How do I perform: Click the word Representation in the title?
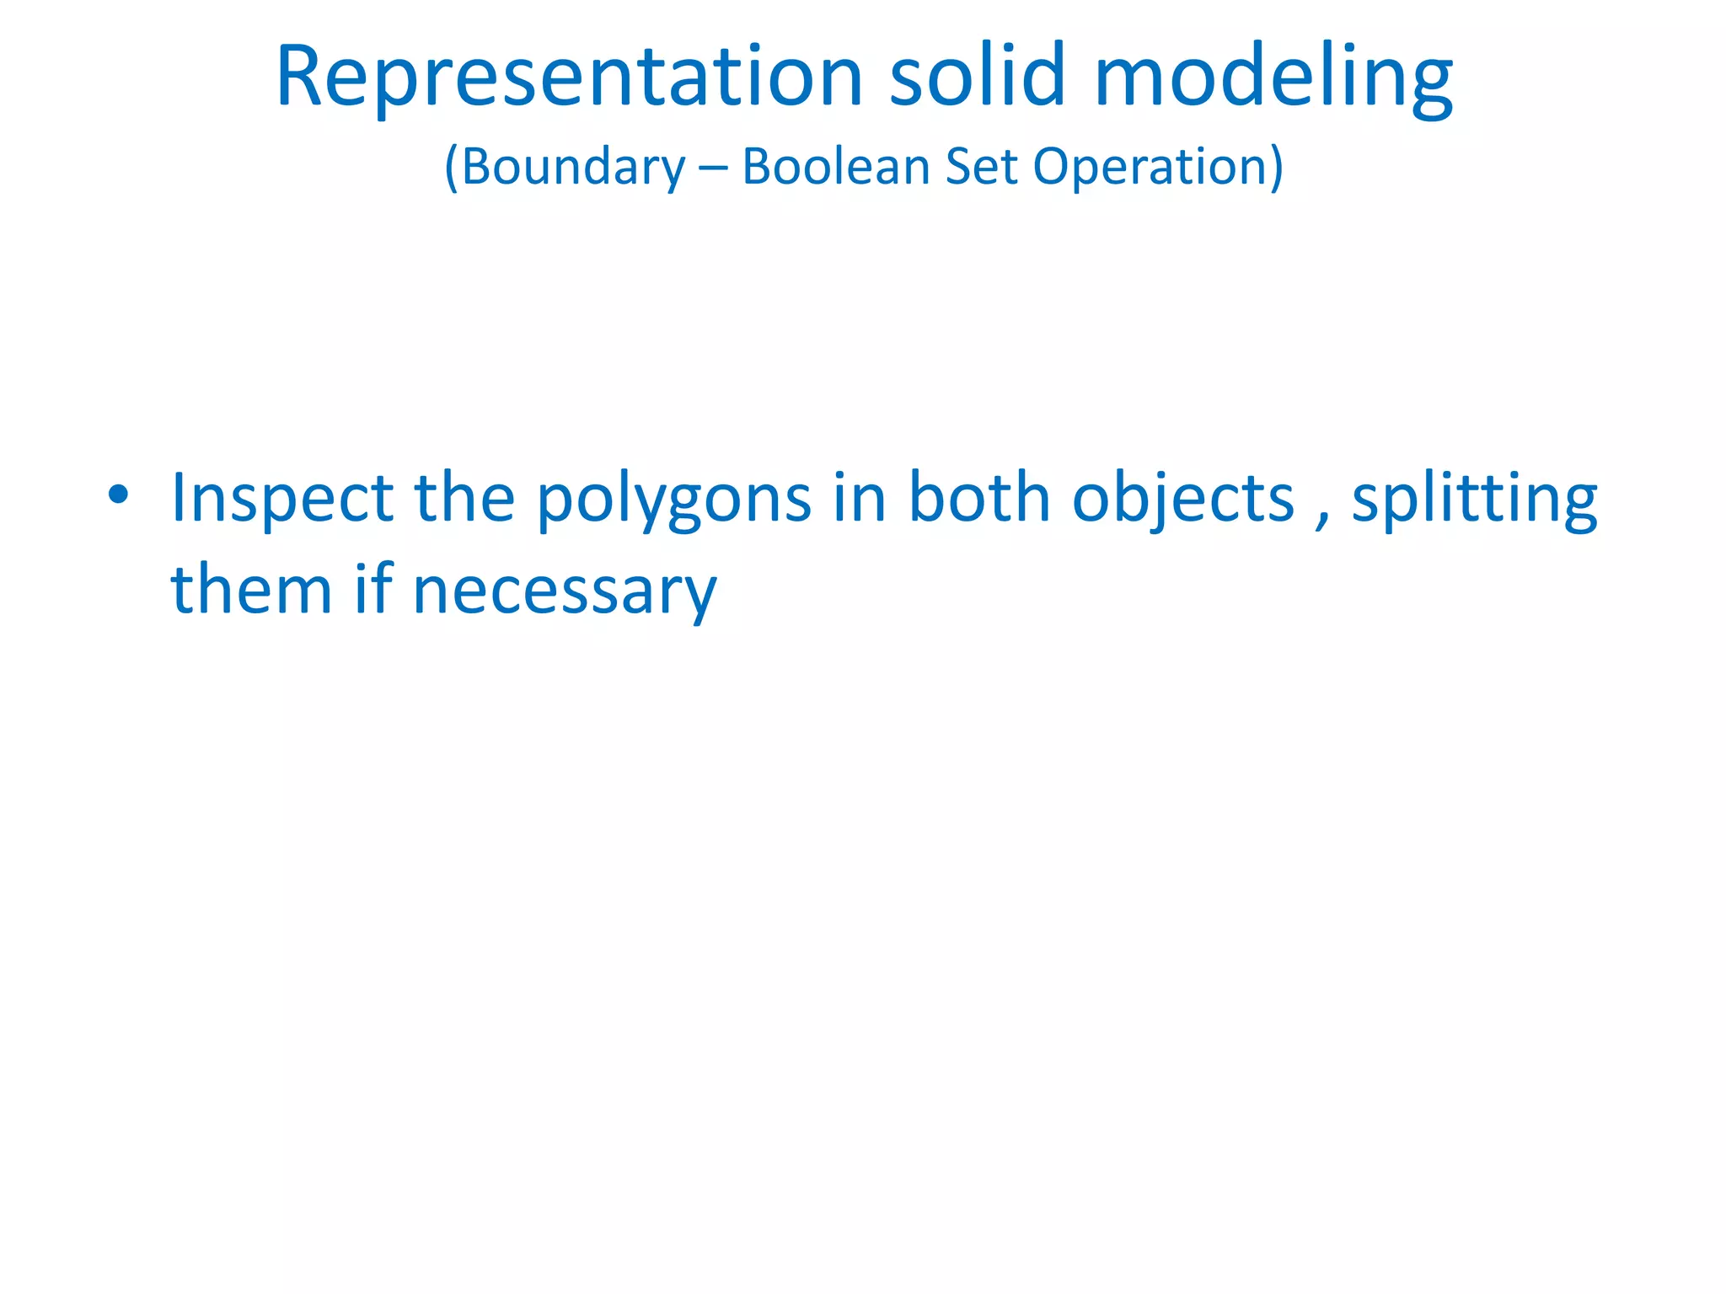569,78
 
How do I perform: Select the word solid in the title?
978,78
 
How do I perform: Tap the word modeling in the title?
1273,78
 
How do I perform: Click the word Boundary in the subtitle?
573,167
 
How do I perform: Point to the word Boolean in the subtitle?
835,167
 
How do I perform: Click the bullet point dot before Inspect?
118,495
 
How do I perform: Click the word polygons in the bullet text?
674,499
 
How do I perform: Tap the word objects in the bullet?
1183,499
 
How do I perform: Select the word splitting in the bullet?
1474,499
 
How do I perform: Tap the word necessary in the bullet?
565,591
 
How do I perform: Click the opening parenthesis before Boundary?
451,167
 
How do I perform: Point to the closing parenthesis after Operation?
1276,167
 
